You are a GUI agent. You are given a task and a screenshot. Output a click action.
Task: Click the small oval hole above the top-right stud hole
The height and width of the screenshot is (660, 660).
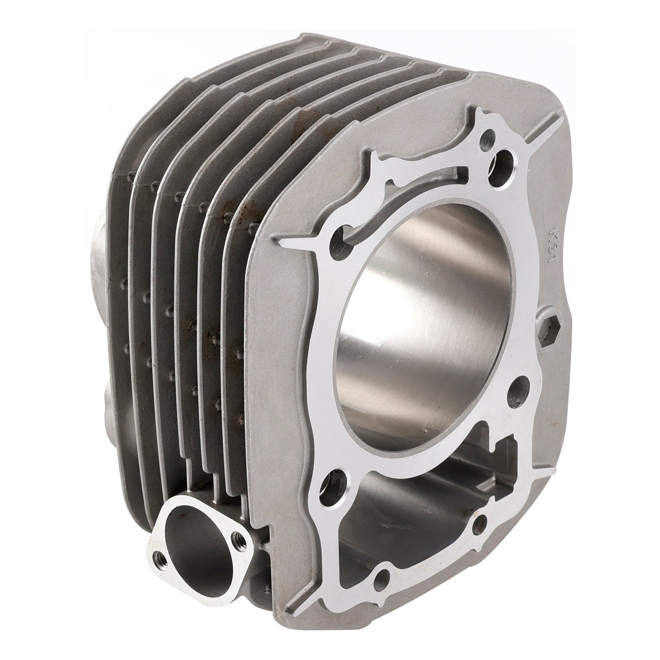click(x=489, y=135)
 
